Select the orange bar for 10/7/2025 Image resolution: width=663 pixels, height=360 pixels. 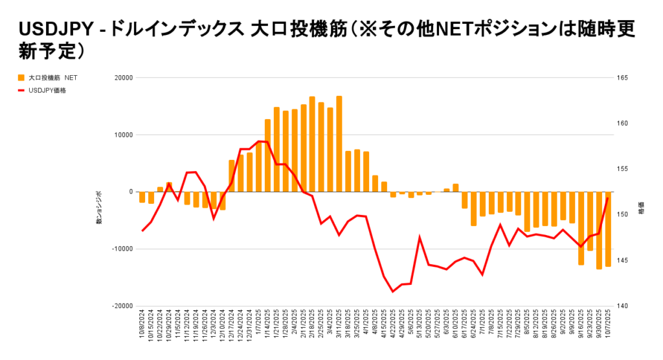pyautogui.click(x=608, y=229)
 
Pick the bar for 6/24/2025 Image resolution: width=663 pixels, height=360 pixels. pyautogui.click(x=473, y=208)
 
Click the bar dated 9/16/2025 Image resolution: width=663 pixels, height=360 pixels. pyautogui.click(x=581, y=228)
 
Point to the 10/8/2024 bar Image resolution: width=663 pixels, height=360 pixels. pyautogui.click(x=142, y=197)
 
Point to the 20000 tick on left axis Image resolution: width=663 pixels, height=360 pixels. pyautogui.click(x=124, y=78)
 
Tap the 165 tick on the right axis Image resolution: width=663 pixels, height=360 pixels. pyautogui.click(x=624, y=78)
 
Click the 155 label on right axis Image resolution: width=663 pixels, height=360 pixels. pyautogui.click(x=624, y=169)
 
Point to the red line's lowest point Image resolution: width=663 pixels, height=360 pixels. pyautogui.click(x=392, y=291)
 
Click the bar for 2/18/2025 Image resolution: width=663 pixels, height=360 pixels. pyautogui.click(x=312, y=144)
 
